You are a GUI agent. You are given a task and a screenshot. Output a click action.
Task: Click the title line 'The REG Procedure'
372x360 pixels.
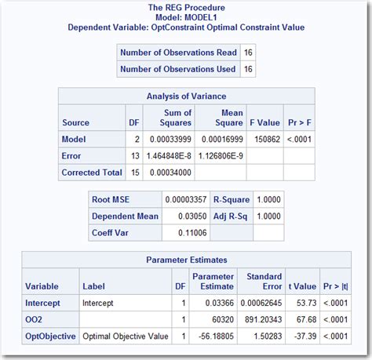pyautogui.click(x=185, y=8)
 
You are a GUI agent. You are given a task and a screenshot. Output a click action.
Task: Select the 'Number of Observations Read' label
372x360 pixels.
pyautogui.click(x=177, y=53)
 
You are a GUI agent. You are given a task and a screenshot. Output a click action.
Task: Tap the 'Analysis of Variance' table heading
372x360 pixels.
pyautogui.click(x=186, y=96)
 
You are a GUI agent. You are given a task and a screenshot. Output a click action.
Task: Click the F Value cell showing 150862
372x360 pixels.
pyautogui.click(x=264, y=139)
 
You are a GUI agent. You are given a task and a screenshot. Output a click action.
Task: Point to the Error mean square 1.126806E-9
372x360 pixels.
pyautogui.click(x=221, y=156)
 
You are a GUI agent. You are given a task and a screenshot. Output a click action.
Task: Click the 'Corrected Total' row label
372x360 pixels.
pyautogui.click(x=92, y=173)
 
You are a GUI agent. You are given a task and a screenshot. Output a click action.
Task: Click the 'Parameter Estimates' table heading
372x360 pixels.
pyautogui.click(x=186, y=260)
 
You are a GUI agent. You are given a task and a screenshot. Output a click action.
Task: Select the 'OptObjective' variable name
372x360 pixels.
pyautogui.click(x=51, y=336)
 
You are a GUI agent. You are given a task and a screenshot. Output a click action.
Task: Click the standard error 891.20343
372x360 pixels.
pyautogui.click(x=260, y=319)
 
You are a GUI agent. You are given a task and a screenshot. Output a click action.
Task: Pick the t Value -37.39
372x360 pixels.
pyautogui.click(x=303, y=336)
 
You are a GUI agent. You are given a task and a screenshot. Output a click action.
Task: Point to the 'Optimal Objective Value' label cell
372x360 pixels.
pyautogui.click(x=121, y=336)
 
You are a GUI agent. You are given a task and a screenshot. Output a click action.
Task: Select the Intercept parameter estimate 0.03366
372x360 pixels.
pyautogui.click(x=213, y=302)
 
